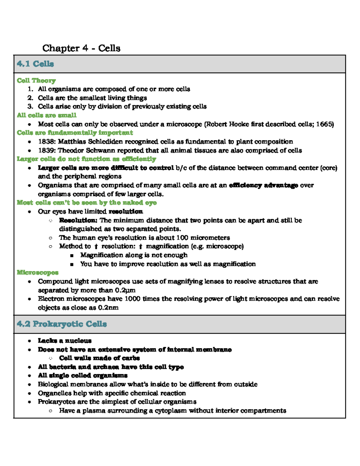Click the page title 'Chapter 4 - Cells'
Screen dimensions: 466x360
pyautogui.click(x=81, y=48)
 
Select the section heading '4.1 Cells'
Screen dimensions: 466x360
pyautogui.click(x=35, y=64)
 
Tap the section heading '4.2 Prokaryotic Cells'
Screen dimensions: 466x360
pyautogui.click(x=62, y=324)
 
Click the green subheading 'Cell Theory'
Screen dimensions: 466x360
pyautogui.click(x=36, y=80)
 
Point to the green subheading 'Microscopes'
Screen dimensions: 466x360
pyautogui.click(x=37, y=272)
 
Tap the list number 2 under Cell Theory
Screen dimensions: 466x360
pyautogui.click(x=30, y=98)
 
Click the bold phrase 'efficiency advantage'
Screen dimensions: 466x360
pyautogui.click(x=263, y=185)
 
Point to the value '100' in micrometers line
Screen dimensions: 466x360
pyautogui.click(x=182, y=238)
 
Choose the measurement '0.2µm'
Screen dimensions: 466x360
pyautogui.click(x=125, y=290)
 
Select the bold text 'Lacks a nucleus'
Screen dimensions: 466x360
pyautogui.click(x=64, y=341)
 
